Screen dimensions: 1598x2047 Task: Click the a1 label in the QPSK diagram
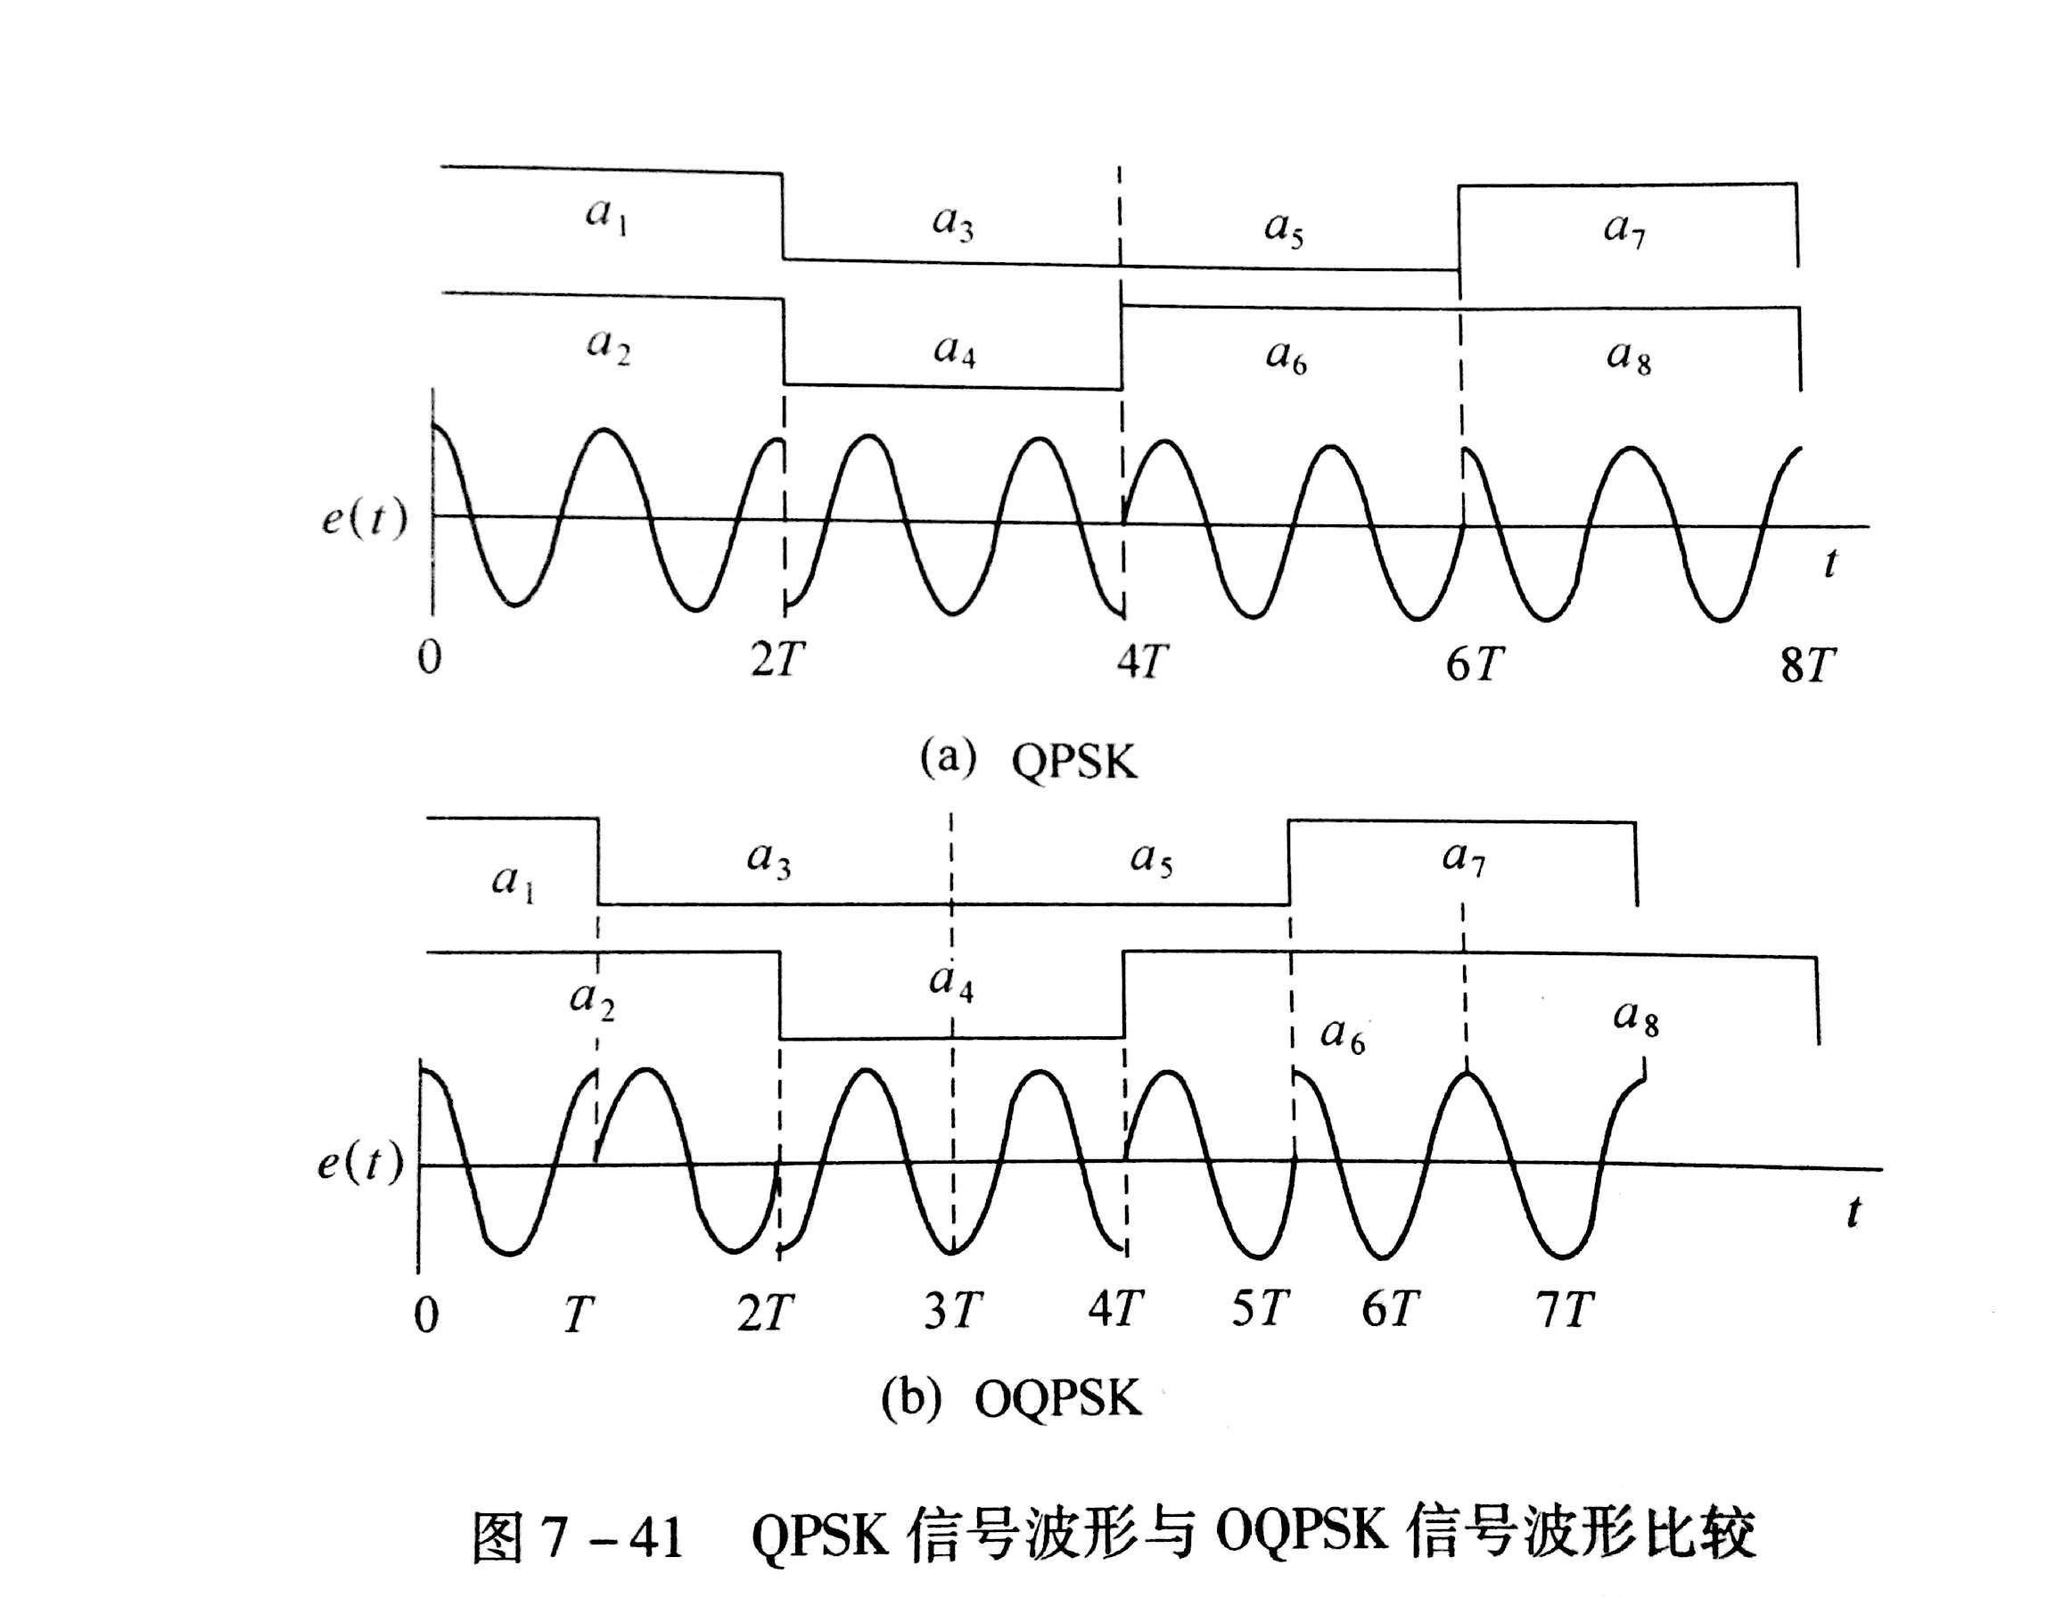[x=606, y=217]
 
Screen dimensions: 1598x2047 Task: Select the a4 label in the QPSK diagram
[x=954, y=351]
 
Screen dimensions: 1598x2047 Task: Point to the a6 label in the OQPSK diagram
[x=1342, y=1034]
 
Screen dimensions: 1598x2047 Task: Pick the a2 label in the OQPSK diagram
[x=592, y=1001]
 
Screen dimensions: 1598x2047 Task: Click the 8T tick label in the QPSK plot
[x=1807, y=666]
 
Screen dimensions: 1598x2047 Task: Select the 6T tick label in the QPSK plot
[x=1475, y=664]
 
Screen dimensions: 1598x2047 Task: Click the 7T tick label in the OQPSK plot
[x=1566, y=1309]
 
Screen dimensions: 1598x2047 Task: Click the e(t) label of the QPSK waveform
[x=365, y=517]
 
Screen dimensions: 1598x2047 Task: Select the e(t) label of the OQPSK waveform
[x=360, y=1164]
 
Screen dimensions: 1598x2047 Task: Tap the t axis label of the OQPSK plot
[x=1853, y=1212]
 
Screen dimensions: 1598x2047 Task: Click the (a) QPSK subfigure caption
[x=1027, y=760]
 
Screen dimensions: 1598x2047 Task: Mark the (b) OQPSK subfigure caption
[x=1011, y=1400]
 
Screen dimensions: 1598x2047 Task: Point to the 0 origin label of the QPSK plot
[x=429, y=659]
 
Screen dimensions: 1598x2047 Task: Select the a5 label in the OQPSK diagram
[x=1152, y=859]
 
